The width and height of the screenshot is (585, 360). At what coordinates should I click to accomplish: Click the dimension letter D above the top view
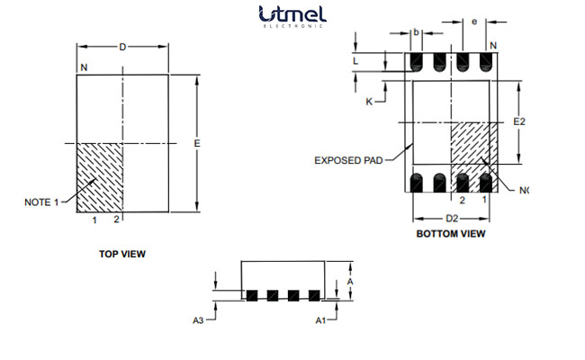tap(122, 47)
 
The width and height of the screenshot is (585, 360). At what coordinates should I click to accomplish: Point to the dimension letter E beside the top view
tap(196, 144)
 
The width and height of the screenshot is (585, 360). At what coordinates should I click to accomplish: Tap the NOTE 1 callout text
tap(40, 202)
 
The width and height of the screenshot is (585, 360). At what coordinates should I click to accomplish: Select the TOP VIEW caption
tap(121, 254)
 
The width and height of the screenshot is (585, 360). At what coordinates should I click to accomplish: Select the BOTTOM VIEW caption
tap(451, 234)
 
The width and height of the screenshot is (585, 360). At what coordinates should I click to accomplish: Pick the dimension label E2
tap(519, 121)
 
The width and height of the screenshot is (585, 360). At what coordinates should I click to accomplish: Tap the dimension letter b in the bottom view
tap(416, 32)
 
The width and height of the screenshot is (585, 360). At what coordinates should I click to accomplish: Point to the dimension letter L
tap(359, 60)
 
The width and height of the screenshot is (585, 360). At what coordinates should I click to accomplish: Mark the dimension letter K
tap(368, 102)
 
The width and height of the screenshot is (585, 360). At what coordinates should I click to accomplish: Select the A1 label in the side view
tap(319, 319)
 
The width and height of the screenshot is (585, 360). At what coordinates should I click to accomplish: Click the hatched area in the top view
tap(99, 176)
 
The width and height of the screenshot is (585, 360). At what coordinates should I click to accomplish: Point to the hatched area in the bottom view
tap(472, 144)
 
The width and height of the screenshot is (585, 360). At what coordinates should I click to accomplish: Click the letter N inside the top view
tap(85, 68)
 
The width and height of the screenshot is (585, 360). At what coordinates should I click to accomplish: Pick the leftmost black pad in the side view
tap(253, 294)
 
